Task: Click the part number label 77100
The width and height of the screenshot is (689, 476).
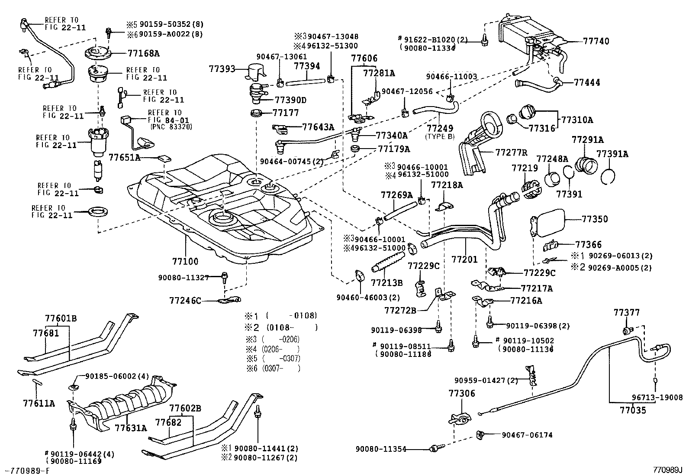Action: (x=185, y=262)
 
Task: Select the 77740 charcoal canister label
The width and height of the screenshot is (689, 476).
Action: (x=596, y=42)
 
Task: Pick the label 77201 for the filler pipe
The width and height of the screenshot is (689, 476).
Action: (x=464, y=259)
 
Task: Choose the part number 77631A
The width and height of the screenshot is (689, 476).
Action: (x=131, y=428)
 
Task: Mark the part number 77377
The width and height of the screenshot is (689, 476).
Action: (x=626, y=313)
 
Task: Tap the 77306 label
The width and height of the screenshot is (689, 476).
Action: (x=462, y=394)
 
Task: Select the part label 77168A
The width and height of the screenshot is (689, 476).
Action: (x=144, y=54)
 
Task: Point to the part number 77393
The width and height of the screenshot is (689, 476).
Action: (x=222, y=69)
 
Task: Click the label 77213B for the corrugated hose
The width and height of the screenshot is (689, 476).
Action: (x=386, y=283)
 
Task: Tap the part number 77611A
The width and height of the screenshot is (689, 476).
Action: (x=39, y=404)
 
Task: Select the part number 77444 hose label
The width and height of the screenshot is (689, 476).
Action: (x=587, y=82)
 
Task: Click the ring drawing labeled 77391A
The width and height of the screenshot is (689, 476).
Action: (x=609, y=175)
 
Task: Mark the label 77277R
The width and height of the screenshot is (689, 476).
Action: (x=512, y=152)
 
